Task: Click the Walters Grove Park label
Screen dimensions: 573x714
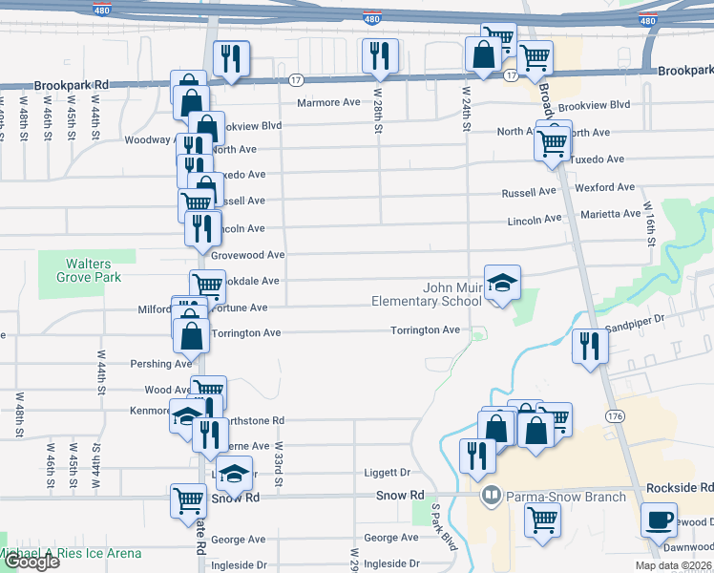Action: pos(87,270)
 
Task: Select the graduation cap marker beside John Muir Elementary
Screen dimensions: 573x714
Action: pos(502,284)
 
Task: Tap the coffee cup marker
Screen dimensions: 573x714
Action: pos(659,521)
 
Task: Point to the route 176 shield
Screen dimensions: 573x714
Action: pos(616,417)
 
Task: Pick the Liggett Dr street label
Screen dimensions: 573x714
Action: pos(387,472)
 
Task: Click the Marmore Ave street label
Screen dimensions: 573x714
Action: pos(328,102)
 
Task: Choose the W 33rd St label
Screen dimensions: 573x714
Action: pos(280,463)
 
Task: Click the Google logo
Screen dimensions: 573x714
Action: pos(31,562)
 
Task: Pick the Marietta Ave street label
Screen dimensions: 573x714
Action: pos(611,214)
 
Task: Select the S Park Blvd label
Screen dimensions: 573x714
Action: pos(442,526)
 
